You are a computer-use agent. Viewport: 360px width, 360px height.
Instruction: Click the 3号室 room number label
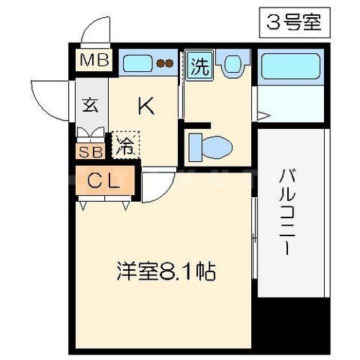coord(293,22)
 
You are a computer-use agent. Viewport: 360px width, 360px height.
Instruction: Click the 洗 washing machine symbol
coord(199,65)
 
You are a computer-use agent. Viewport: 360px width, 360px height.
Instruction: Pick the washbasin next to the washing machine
coord(232,64)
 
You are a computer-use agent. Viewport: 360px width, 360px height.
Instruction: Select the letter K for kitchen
coord(146,107)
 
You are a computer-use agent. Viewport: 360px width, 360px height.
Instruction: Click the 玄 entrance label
coord(90,105)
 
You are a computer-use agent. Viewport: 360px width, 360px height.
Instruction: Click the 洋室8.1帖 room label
coord(166,270)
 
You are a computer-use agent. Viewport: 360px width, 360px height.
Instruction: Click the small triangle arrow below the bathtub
coord(262,114)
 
